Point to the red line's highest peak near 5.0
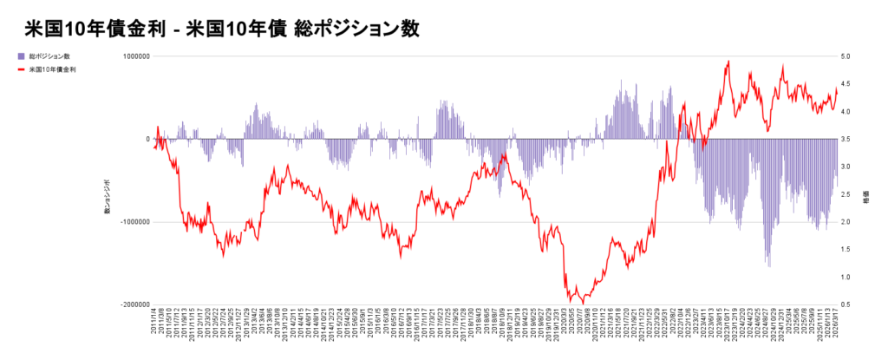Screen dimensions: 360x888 (728, 62)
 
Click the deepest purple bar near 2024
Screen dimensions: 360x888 (768, 265)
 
